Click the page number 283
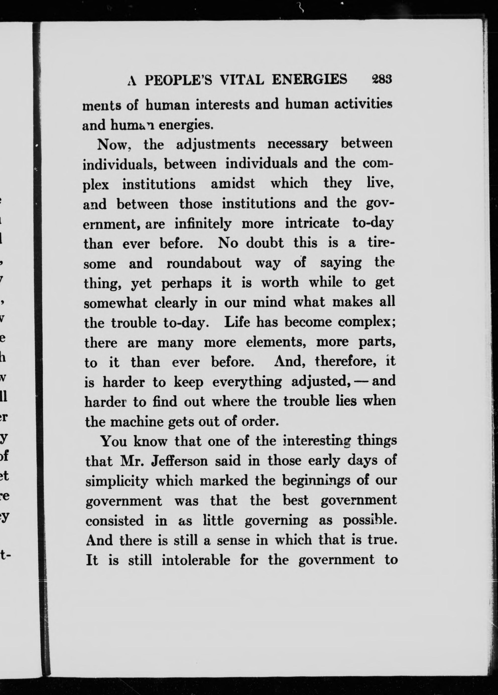(381, 79)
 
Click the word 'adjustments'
(216, 144)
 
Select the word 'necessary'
(297, 144)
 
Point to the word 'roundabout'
(204, 263)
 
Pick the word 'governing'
(276, 521)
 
